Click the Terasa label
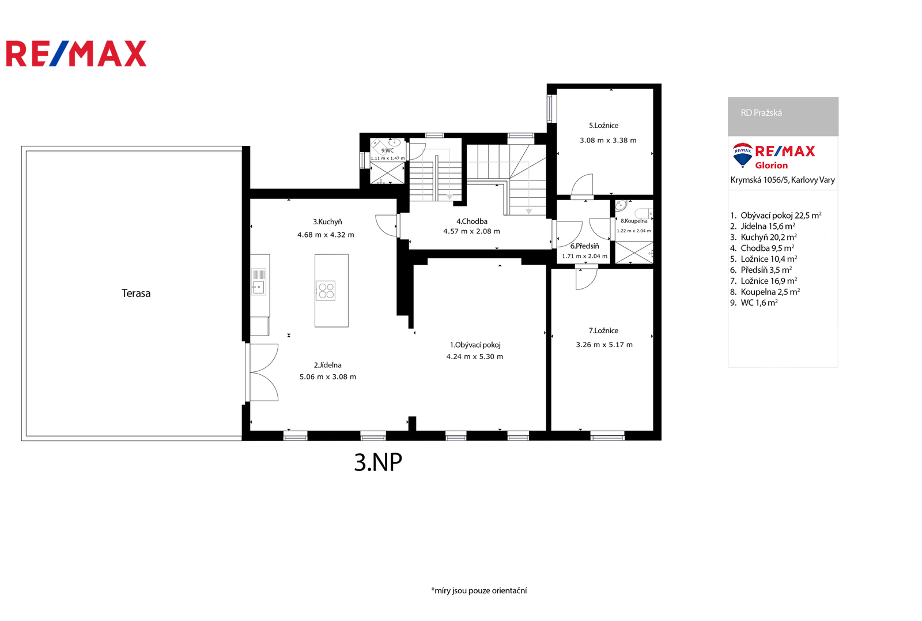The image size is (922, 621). pos(136,293)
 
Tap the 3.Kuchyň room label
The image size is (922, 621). pos(327,222)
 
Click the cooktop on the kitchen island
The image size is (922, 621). pos(326,291)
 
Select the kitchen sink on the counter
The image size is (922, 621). pos(259,282)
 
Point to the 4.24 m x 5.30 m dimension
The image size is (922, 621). pos(475,356)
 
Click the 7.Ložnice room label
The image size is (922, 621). pos(603,330)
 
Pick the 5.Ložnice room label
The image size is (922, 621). pos(603,126)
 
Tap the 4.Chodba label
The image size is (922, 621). pos(472,221)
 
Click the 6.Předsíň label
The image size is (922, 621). pos(584,246)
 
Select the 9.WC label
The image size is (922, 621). pos(387,150)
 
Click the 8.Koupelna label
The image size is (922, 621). pos(634,221)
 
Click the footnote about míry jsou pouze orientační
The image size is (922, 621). pos(479,590)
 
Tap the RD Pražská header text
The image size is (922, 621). pos(761,113)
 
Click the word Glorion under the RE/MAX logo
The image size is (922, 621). pos(771,165)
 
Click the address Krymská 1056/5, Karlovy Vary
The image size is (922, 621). pos(783,180)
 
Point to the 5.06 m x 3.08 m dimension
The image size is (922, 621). pos(328,377)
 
